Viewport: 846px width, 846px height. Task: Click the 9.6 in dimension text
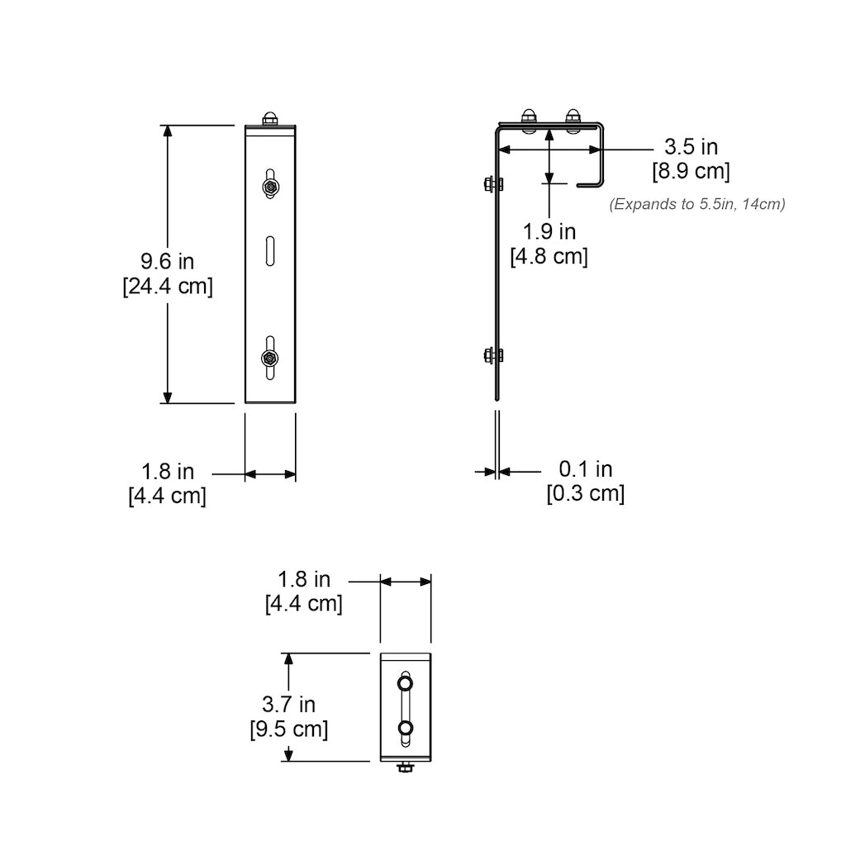pos(167,262)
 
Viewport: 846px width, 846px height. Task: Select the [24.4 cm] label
pos(167,287)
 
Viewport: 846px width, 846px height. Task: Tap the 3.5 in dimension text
pos(692,147)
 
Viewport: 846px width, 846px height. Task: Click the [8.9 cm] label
pos(692,171)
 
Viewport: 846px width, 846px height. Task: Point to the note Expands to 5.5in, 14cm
pos(697,204)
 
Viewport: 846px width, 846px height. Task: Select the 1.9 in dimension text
pos(549,231)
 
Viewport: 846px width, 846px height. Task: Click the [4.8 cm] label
pos(549,256)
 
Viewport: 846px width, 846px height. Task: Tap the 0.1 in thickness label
pos(586,469)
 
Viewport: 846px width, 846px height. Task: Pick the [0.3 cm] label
pos(586,494)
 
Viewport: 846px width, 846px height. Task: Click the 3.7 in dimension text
pos(288,705)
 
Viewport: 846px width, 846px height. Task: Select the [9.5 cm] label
pos(288,730)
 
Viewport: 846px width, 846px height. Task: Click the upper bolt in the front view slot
pos(270,188)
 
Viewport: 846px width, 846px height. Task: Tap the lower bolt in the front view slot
pos(270,358)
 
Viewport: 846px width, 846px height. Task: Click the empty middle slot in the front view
pos(270,250)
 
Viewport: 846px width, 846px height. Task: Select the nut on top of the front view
pos(270,120)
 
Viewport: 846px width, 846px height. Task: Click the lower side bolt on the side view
pos(492,356)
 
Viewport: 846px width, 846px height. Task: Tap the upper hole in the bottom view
pos(405,684)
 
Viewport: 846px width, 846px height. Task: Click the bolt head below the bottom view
pos(405,769)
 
